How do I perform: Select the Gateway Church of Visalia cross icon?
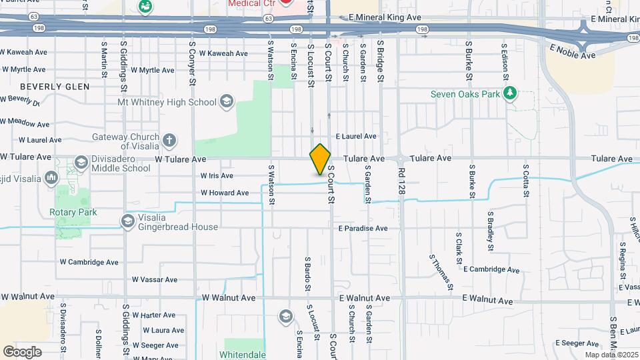pyautogui.click(x=169, y=141)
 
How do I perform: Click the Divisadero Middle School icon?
pyautogui.click(x=81, y=163)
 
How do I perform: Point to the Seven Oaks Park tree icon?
pyautogui.click(x=510, y=94)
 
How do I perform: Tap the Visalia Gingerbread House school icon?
pyautogui.click(x=127, y=221)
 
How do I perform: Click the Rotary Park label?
pyautogui.click(x=73, y=212)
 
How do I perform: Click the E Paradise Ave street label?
pyautogui.click(x=363, y=228)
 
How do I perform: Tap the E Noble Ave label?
pyautogui.click(x=573, y=51)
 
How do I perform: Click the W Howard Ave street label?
pyautogui.click(x=225, y=193)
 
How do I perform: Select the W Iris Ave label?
pyautogui.click(x=217, y=176)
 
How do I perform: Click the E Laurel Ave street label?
pyautogui.click(x=356, y=136)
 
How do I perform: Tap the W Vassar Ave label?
pyautogui.click(x=154, y=280)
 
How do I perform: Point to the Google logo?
pyautogui.click(x=23, y=351)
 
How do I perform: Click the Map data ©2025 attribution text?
pyautogui.click(x=611, y=355)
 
